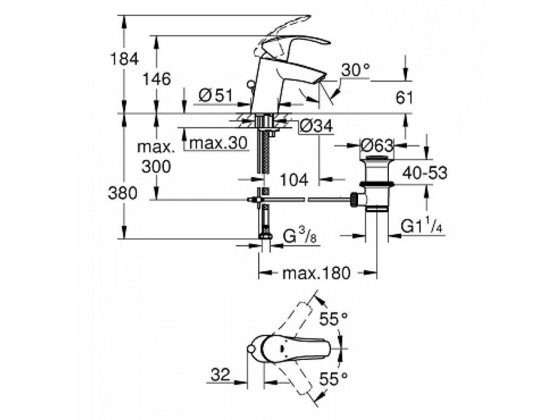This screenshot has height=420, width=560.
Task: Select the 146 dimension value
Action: (x=157, y=79)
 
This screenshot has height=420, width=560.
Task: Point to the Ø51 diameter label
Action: (x=213, y=95)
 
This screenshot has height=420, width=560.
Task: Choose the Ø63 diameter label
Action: (x=377, y=145)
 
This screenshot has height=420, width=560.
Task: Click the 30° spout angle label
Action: (x=355, y=70)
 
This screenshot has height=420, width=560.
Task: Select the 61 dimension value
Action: (x=403, y=98)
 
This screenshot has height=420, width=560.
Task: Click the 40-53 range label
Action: (x=424, y=173)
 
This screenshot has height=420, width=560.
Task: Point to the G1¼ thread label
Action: (x=421, y=226)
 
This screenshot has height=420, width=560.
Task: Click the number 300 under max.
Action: (x=156, y=166)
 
